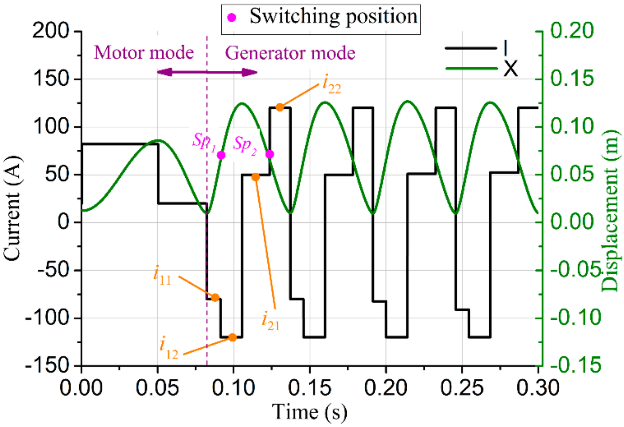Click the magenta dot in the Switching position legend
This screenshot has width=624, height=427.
point(232,18)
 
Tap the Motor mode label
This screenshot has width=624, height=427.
point(144,53)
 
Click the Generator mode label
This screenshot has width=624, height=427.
point(290,53)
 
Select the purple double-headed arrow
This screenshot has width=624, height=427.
point(207,72)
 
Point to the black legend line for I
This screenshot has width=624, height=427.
point(470,48)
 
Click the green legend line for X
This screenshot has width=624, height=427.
point(471,68)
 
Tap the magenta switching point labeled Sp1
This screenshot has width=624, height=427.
point(221,155)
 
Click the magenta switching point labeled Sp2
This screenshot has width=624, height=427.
point(270,154)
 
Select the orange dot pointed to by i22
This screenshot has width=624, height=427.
point(280,107)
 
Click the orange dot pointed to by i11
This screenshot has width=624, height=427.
point(215,298)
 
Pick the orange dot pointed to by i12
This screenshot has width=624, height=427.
point(232,337)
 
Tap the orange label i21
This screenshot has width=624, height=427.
point(270,322)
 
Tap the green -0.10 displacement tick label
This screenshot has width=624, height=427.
point(575,317)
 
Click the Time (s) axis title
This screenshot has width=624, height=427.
point(309,412)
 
